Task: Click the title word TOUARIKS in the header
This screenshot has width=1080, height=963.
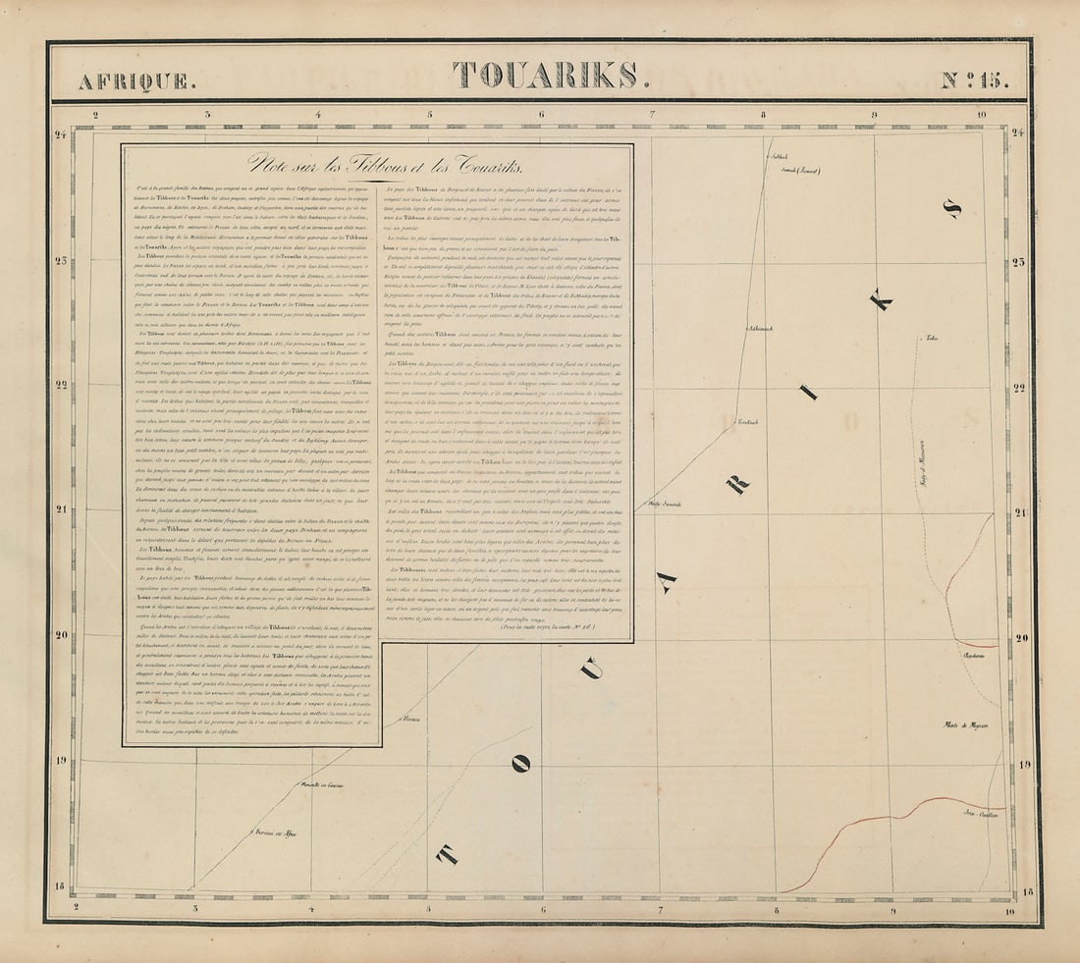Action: tap(544, 76)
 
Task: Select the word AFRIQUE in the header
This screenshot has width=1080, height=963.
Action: tap(136, 81)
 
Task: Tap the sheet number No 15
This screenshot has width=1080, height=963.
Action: tap(974, 80)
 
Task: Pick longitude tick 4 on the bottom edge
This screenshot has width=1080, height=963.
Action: tap(311, 909)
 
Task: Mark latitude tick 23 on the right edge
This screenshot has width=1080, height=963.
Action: tap(1017, 262)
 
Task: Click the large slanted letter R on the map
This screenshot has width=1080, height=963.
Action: tap(738, 482)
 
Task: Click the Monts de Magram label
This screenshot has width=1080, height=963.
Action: tap(966, 725)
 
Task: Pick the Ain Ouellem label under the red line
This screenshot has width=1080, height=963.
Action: tap(979, 814)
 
